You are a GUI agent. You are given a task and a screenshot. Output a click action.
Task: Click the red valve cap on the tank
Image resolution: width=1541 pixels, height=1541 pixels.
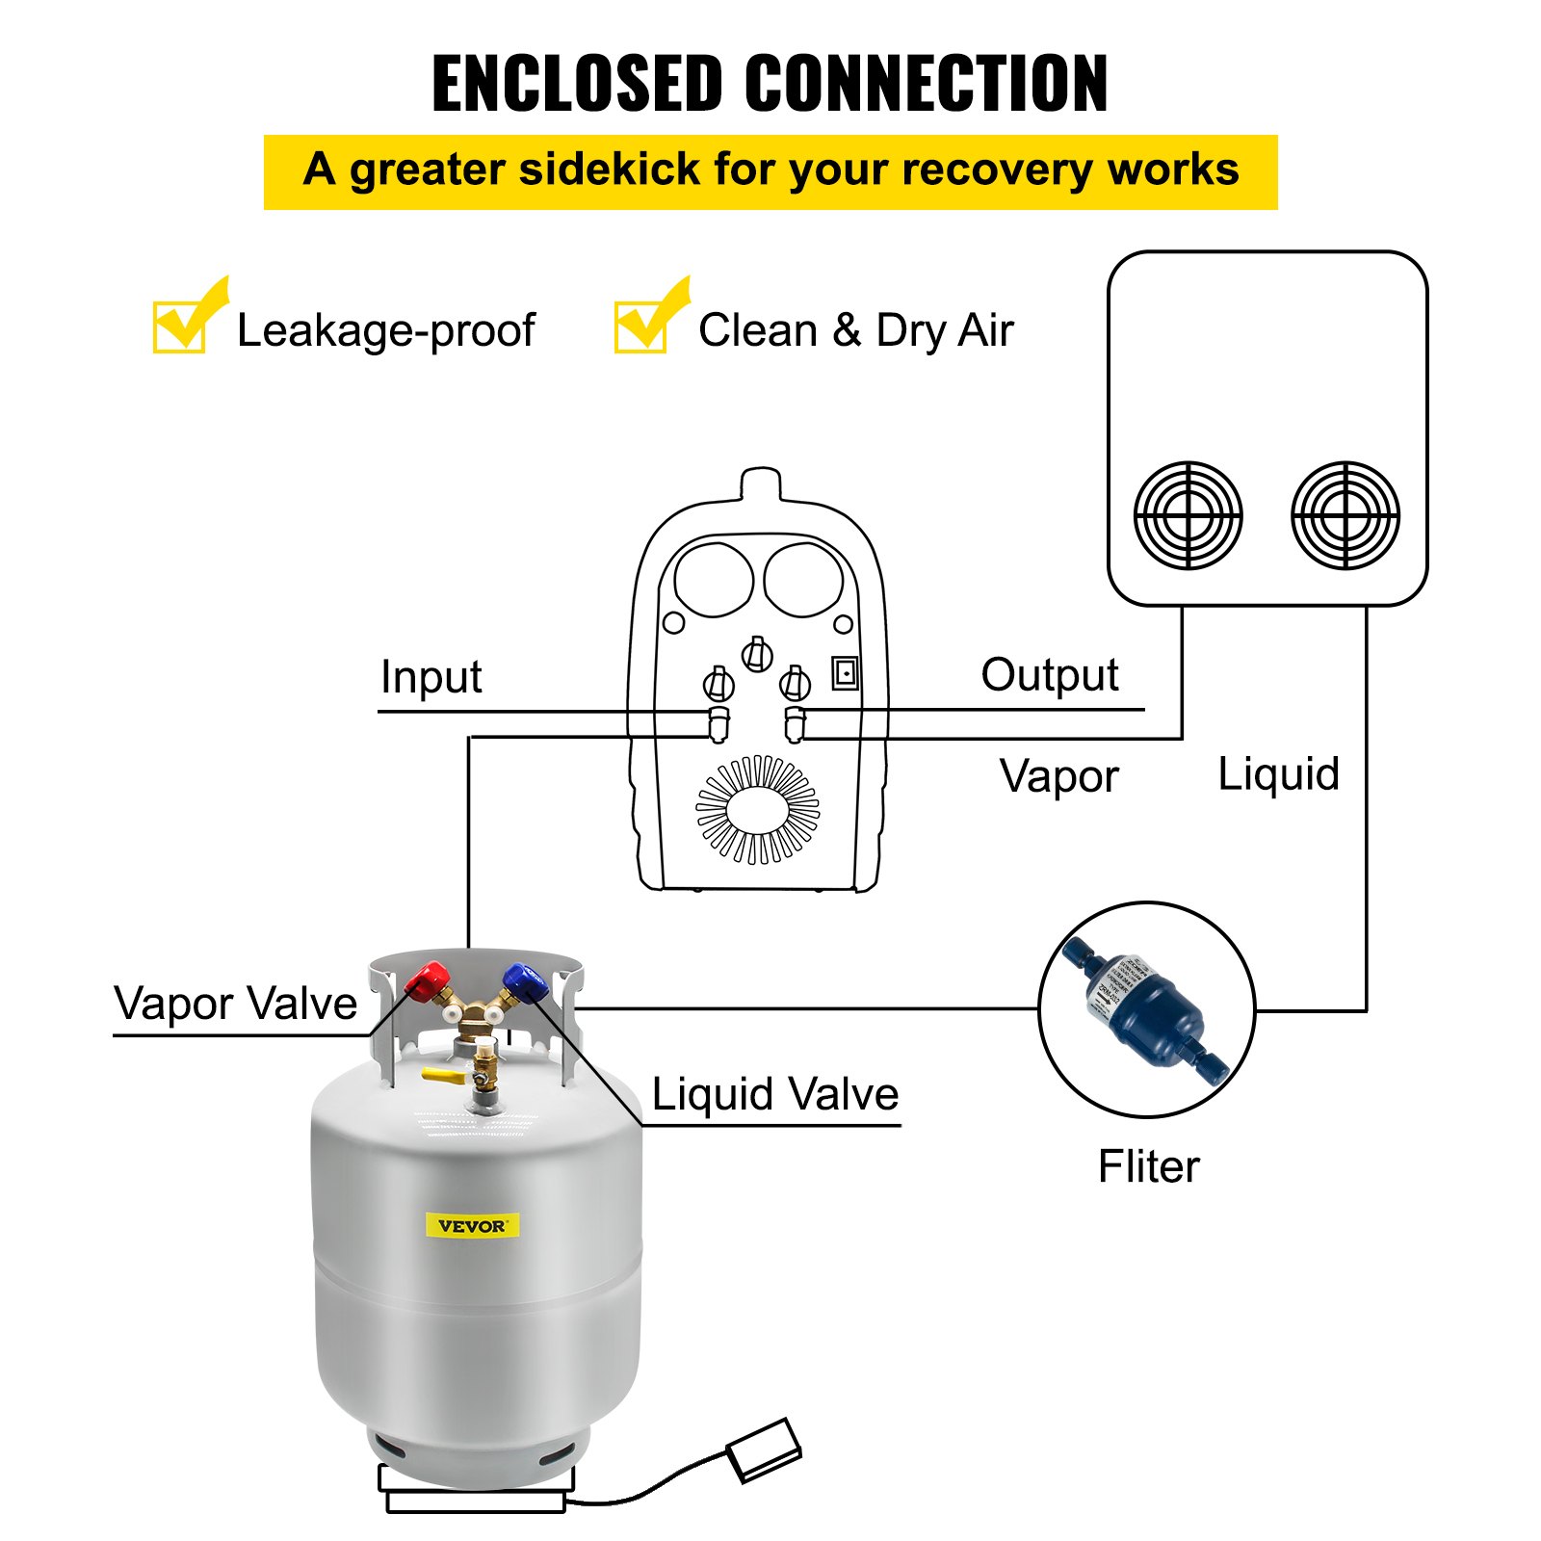click(x=427, y=981)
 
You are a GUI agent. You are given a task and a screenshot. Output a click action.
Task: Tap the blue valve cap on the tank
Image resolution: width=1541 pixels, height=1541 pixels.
click(x=524, y=982)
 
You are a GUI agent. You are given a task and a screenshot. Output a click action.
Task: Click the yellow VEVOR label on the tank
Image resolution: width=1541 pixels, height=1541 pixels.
click(x=472, y=1225)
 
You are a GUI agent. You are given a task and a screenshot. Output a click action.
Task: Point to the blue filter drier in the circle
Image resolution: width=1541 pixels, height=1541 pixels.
click(x=1146, y=1008)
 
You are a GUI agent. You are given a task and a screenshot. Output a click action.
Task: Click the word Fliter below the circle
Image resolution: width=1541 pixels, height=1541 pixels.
click(x=1148, y=1166)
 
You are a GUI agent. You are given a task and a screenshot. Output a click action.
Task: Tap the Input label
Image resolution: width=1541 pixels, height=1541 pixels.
click(x=431, y=677)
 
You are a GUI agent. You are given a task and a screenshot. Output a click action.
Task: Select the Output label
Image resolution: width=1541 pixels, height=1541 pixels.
click(x=1049, y=675)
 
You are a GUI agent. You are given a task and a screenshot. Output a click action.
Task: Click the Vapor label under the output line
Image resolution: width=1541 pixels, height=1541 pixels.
click(x=1058, y=776)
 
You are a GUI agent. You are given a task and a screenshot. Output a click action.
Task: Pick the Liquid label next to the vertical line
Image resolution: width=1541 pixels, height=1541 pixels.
click(x=1278, y=774)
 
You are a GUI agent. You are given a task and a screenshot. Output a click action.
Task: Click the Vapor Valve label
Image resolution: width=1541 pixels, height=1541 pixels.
click(x=235, y=1004)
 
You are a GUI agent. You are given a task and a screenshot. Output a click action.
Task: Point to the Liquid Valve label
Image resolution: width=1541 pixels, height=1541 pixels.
click(x=774, y=1094)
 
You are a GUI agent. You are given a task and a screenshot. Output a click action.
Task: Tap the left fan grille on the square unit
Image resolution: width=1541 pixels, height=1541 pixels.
click(x=1188, y=515)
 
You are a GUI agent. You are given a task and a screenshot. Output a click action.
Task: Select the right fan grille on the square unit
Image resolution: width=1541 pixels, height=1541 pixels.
click(x=1345, y=515)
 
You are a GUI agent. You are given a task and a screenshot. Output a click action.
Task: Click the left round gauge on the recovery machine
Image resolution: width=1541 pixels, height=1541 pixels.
click(x=714, y=579)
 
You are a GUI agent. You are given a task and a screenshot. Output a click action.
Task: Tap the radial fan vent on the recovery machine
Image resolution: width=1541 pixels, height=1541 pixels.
click(x=758, y=809)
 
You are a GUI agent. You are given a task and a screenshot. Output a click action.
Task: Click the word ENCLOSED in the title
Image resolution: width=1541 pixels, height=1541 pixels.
click(x=576, y=85)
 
